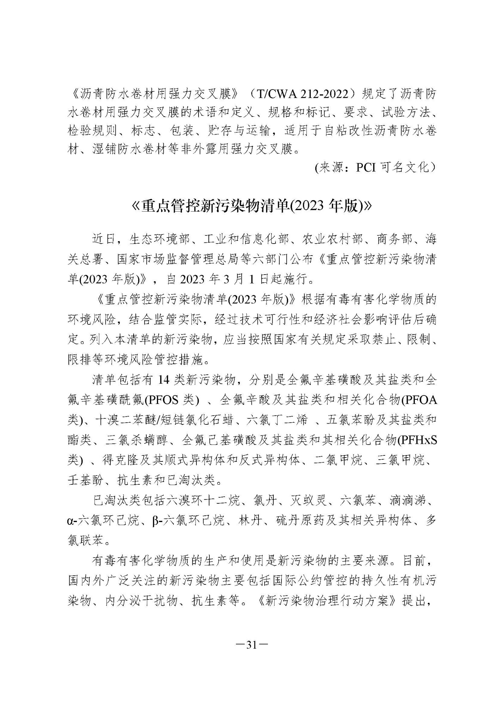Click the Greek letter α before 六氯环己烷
tap(71, 521)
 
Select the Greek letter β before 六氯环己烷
tap(156, 521)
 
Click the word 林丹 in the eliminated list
tap(250, 521)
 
